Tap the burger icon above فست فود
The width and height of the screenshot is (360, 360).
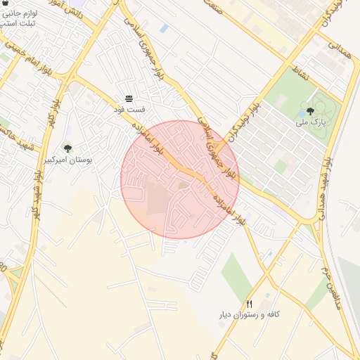click(129, 98)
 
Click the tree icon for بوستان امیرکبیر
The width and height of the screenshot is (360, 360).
click(67, 148)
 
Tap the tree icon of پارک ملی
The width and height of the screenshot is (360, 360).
click(310, 110)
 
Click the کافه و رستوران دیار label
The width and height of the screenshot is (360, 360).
click(250, 314)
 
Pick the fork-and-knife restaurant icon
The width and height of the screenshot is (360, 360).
click(249, 303)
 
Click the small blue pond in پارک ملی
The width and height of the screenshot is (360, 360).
click(302, 112)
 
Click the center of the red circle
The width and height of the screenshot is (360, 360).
click(180, 179)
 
